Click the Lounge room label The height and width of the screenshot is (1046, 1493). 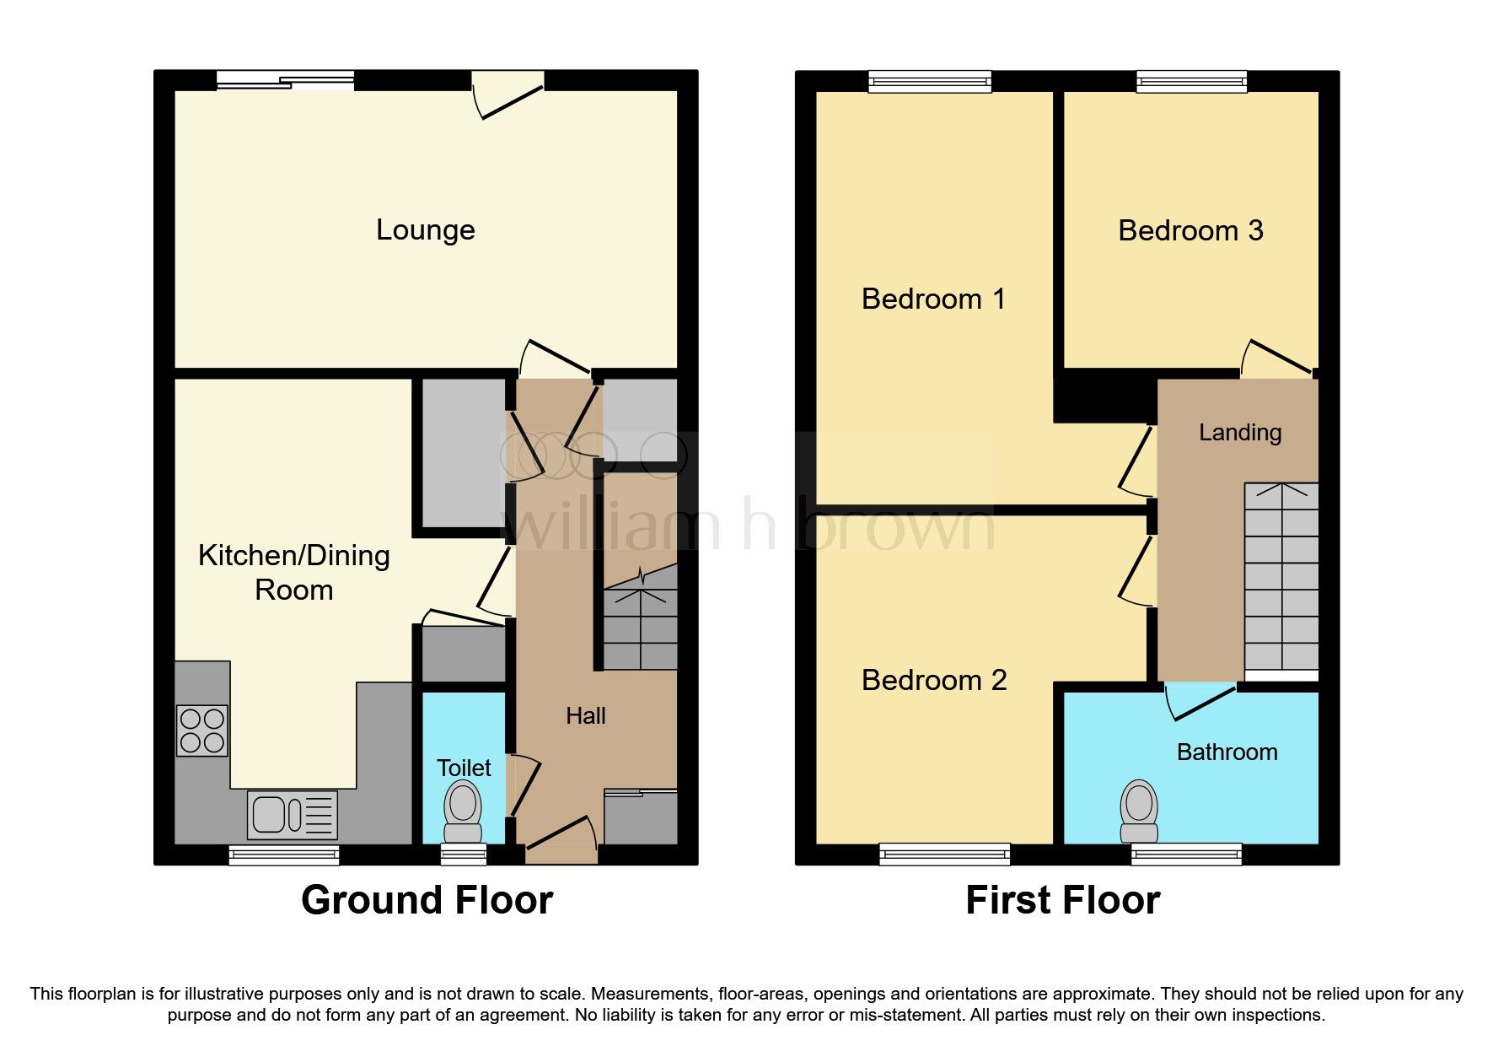(x=425, y=229)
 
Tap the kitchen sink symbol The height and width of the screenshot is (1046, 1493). (x=293, y=815)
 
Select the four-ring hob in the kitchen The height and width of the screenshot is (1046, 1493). (x=202, y=731)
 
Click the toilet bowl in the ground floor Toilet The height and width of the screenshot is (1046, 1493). (x=463, y=805)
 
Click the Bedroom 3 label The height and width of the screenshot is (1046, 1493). (x=1190, y=230)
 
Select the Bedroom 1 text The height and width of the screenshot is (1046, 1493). (x=933, y=299)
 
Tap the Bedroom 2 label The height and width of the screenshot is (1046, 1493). (x=933, y=680)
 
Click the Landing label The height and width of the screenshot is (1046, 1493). (x=1239, y=433)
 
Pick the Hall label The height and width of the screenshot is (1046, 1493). (x=585, y=716)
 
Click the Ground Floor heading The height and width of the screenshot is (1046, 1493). (x=427, y=900)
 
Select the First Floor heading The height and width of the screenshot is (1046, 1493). (x=1062, y=900)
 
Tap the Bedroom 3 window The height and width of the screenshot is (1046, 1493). (x=1191, y=82)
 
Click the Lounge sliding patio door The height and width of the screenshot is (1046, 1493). (x=285, y=81)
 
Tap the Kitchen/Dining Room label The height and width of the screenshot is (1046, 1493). (x=293, y=572)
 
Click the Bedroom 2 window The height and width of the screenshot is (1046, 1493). (x=944, y=854)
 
